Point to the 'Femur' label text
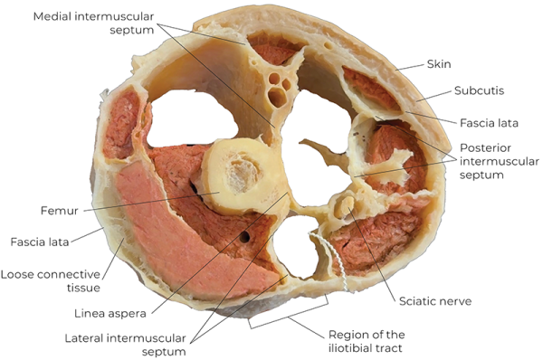click(x=58, y=211)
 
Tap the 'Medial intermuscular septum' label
click(x=81, y=24)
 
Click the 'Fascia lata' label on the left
click(x=42, y=242)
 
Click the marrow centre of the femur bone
click(x=240, y=171)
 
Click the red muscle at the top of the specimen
click(x=276, y=50)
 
